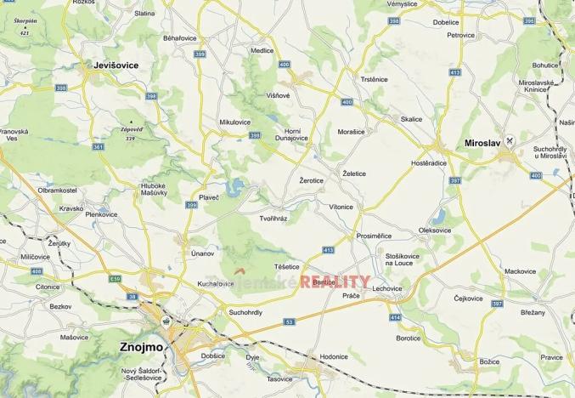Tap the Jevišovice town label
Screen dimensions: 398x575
(116, 65)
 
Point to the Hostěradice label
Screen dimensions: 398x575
(428, 162)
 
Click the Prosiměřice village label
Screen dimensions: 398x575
(374, 236)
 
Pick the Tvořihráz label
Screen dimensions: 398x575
(273, 219)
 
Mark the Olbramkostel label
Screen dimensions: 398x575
(58, 190)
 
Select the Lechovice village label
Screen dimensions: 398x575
(386, 288)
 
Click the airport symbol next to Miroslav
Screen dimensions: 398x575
(509, 139)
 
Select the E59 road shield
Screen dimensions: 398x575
(116, 277)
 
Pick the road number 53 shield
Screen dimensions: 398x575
(289, 321)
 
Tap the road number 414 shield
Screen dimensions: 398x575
(395, 316)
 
